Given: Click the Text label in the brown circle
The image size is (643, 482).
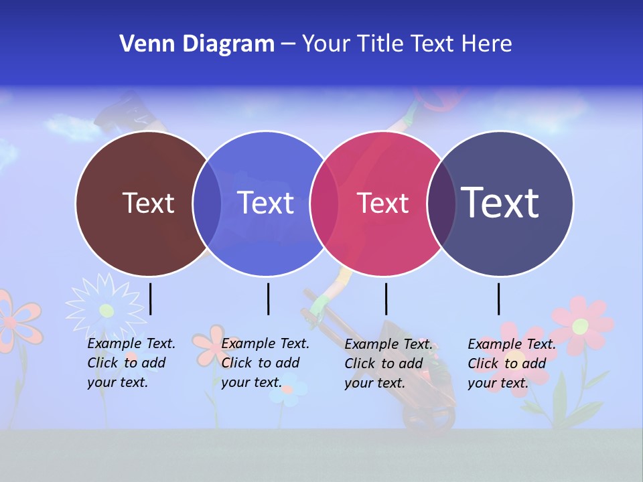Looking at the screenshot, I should tap(148, 203).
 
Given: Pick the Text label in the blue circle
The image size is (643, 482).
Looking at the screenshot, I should tap(266, 203).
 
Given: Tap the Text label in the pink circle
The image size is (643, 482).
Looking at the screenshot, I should tap(382, 203).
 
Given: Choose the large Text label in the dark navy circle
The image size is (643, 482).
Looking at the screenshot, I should tap(500, 202).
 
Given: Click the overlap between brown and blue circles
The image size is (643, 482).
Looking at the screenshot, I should tap(207, 203).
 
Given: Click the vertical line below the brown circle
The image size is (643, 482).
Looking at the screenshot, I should tap(151, 299).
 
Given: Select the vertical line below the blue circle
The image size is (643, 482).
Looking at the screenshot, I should tap(268, 299).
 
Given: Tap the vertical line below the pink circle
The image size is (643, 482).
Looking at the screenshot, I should tap(386, 299).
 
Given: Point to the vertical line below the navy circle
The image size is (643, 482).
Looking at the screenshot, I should tap(498, 299).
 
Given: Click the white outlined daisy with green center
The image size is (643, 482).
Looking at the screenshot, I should tap(106, 309).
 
